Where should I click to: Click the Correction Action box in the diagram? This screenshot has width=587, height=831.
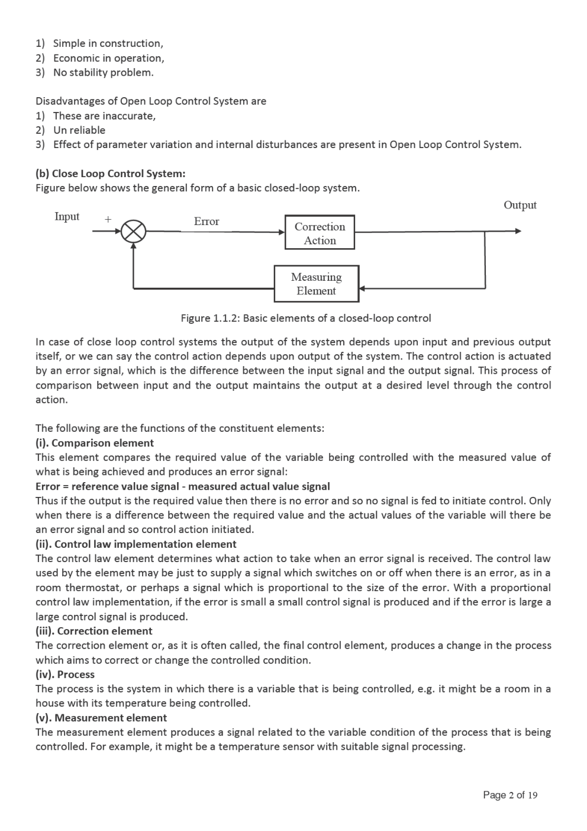pos(320,233)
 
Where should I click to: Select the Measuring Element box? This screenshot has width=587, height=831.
pos(316,284)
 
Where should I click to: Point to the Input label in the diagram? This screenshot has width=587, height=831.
pos(67,216)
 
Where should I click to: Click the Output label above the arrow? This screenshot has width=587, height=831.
pos(520,205)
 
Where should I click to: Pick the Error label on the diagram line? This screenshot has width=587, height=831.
pos(207,221)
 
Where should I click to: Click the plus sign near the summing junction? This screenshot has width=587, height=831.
pos(108,219)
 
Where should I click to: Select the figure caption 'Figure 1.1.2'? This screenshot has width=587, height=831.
pos(305,318)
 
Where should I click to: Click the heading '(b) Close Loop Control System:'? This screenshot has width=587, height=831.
pos(111,174)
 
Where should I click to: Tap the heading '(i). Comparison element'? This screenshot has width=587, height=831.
pos(95,443)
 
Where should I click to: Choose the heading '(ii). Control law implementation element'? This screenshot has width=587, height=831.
pos(136,544)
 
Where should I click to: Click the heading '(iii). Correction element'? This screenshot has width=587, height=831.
pos(94,631)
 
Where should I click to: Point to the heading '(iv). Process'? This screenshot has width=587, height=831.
pos(65,674)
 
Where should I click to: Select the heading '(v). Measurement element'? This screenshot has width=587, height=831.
pos(101,717)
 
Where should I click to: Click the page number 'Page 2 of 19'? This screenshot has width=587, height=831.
pos(510,795)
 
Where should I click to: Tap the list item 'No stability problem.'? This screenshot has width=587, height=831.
pos(103,72)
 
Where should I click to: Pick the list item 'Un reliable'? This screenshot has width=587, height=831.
pos(79,130)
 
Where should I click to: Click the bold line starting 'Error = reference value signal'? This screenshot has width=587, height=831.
pos(183,486)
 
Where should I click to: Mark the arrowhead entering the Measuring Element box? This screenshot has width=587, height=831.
pos(362,288)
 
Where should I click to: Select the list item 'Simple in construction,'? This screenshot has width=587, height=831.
pos(108,43)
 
